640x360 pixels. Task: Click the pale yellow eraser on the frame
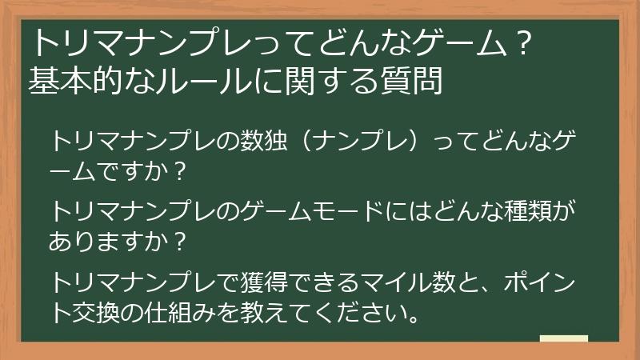[563, 338]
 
